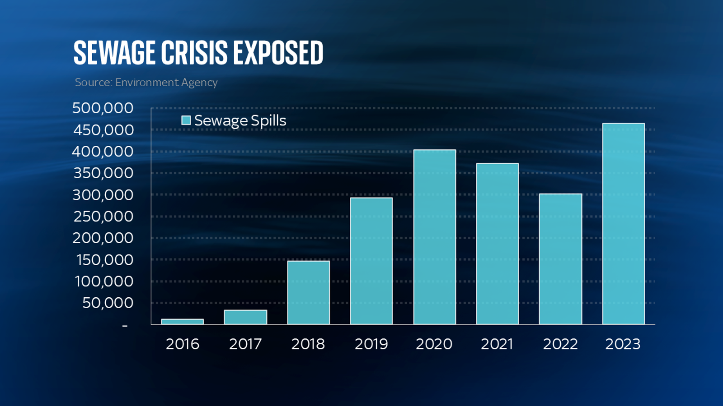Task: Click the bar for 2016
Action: [183, 322]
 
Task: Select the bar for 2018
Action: [309, 292]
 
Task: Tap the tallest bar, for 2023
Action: [624, 223]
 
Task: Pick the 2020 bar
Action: [435, 237]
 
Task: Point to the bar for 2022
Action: [560, 259]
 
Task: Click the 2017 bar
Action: [245, 317]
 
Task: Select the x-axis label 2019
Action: [371, 344]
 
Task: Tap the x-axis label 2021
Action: [497, 344]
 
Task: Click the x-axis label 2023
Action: [623, 344]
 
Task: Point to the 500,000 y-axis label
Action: [103, 108]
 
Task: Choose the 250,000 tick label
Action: [103, 217]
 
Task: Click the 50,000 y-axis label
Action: [108, 303]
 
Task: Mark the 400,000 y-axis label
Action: [103, 152]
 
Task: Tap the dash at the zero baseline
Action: [125, 325]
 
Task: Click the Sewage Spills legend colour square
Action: [186, 120]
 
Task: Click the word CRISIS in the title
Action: [194, 53]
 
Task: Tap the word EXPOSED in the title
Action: [278, 53]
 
